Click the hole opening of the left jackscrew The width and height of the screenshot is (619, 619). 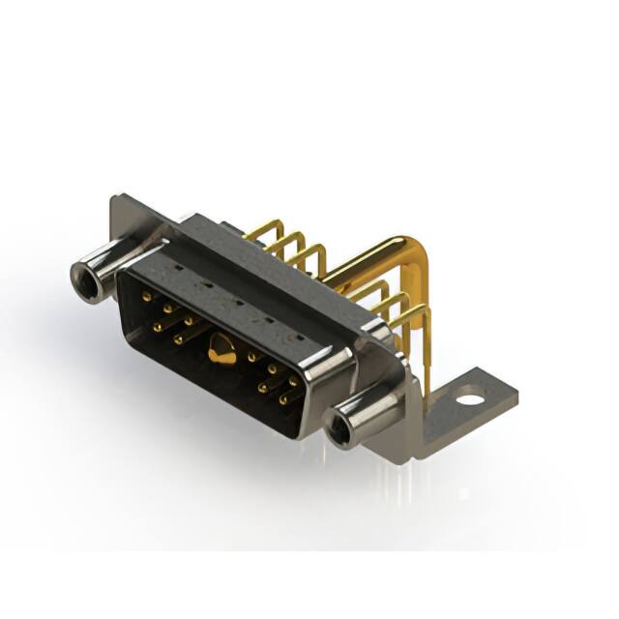[86, 281]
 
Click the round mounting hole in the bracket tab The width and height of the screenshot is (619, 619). [469, 397]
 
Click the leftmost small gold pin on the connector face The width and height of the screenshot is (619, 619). [145, 297]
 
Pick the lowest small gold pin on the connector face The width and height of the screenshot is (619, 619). [282, 398]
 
